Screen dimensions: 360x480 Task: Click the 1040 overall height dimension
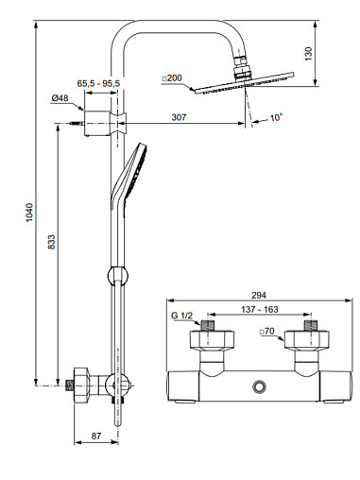tap(29, 213)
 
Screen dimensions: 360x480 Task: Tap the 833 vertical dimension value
tap(51, 242)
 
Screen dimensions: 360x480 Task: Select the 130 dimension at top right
tap(309, 54)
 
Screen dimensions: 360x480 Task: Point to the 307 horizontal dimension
tap(179, 117)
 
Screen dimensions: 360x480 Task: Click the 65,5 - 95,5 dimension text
tap(98, 83)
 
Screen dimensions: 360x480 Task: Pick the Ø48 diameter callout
tap(60, 98)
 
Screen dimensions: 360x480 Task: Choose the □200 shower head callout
tap(172, 77)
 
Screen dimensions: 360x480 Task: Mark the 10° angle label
tap(276, 117)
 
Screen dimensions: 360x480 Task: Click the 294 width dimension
tap(259, 295)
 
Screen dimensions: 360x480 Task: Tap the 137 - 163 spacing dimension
tap(260, 309)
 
